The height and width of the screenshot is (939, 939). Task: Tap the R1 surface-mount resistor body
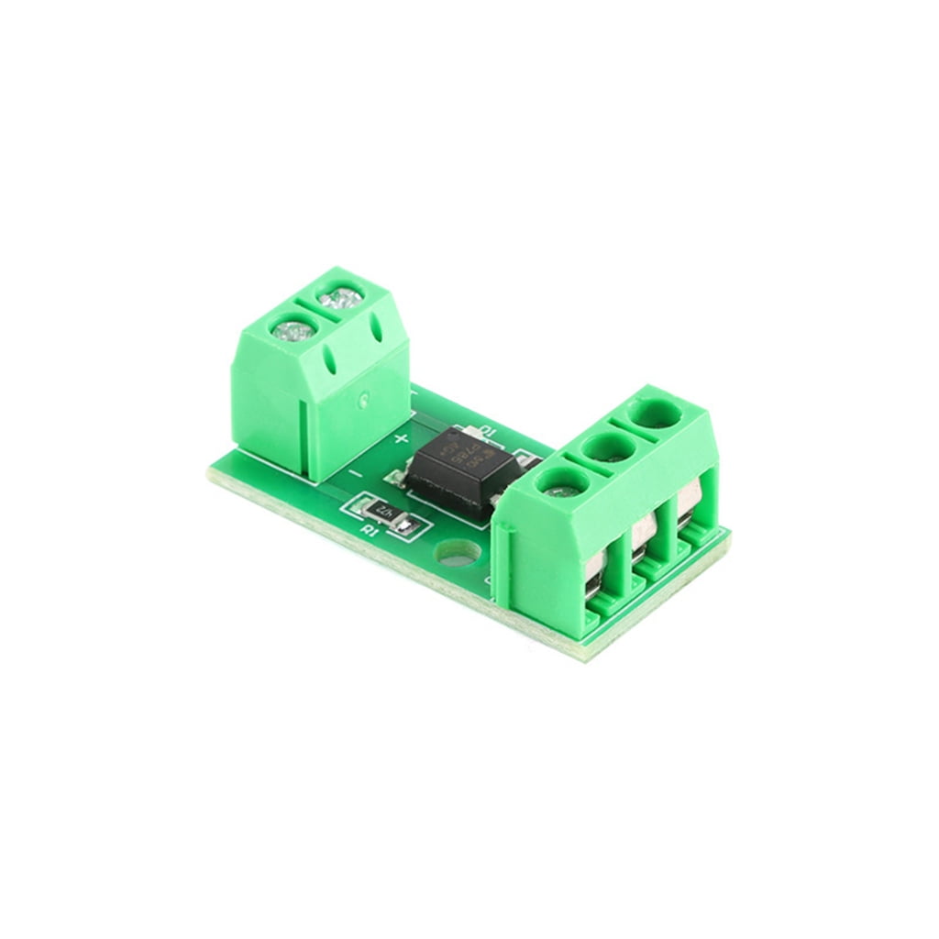385,514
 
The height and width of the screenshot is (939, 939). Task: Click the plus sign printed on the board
401,439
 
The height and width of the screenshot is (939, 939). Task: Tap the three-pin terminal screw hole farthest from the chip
657,414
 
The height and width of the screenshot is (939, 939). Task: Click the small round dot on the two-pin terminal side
365,399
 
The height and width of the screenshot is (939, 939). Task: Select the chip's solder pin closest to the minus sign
394,476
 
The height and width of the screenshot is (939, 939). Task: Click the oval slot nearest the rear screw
375,328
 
